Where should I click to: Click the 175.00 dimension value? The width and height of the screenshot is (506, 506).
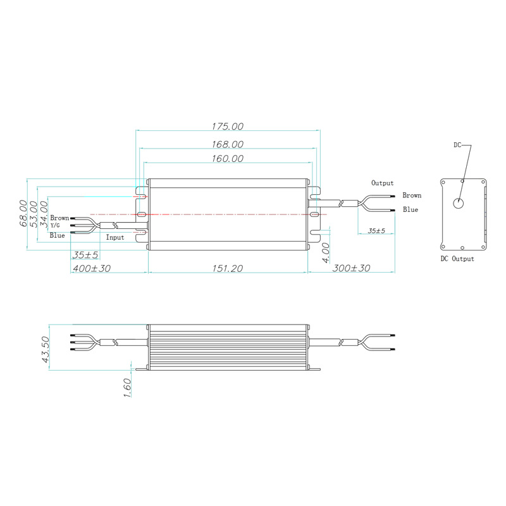pyautogui.click(x=228, y=126)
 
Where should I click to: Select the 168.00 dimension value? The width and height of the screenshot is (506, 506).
pyautogui.click(x=228, y=144)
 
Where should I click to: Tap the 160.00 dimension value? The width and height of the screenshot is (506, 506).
pyautogui.click(x=228, y=159)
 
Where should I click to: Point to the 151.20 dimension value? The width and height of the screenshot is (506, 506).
pyautogui.click(x=228, y=268)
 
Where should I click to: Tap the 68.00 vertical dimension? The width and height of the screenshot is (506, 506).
pyautogui.click(x=23, y=214)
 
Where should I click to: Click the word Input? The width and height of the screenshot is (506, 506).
pyautogui.click(x=115, y=237)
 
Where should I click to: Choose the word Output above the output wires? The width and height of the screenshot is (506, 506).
pyautogui.click(x=383, y=183)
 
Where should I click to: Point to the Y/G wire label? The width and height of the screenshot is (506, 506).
pyautogui.click(x=56, y=226)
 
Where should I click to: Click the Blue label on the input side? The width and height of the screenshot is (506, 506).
pyautogui.click(x=58, y=235)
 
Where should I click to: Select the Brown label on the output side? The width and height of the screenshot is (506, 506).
pyautogui.click(x=412, y=196)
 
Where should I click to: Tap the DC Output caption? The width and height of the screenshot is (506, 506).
pyautogui.click(x=457, y=259)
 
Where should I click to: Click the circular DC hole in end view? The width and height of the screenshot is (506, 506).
pyautogui.click(x=459, y=204)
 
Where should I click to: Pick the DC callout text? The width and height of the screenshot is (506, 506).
pyautogui.click(x=458, y=145)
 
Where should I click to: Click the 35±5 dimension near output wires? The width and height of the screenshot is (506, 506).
pyautogui.click(x=376, y=231)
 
